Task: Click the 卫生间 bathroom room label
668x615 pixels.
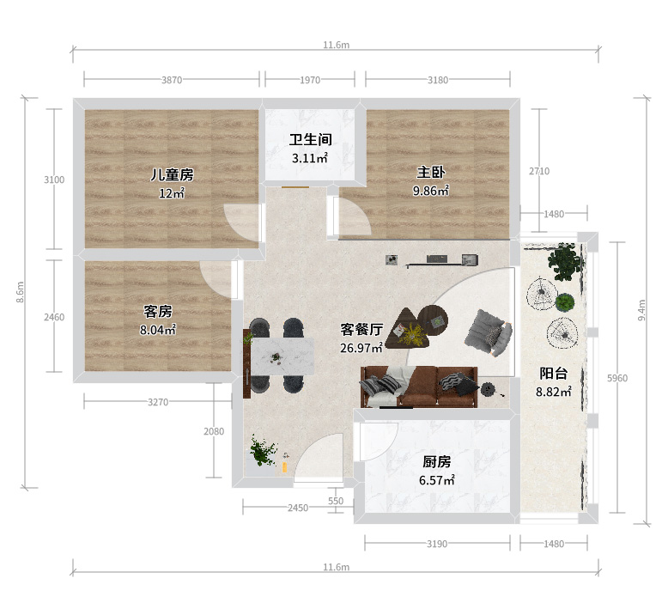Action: [x=310, y=139]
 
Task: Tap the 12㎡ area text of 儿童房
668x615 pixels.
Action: [x=172, y=193]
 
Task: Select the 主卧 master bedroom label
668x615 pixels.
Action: [x=431, y=172]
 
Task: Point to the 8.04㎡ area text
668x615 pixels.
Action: [x=158, y=330]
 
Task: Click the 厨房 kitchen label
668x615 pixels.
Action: [x=437, y=461]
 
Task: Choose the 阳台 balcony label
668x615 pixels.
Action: [x=554, y=374]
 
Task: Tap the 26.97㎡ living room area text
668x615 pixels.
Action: [x=361, y=348]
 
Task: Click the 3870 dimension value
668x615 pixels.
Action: [x=172, y=80]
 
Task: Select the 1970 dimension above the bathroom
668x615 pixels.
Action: [x=310, y=80]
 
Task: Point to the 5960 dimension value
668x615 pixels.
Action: [x=617, y=378]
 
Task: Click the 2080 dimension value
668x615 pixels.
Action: [x=214, y=431]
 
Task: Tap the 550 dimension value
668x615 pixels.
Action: [x=336, y=502]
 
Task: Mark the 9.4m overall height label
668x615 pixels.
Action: [x=641, y=310]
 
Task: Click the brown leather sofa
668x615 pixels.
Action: [x=419, y=387]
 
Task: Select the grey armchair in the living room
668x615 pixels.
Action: [x=489, y=333]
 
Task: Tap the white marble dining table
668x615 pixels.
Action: [x=282, y=356]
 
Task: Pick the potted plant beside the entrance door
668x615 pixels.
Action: [x=263, y=450]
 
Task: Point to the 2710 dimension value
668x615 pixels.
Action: [x=539, y=171]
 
